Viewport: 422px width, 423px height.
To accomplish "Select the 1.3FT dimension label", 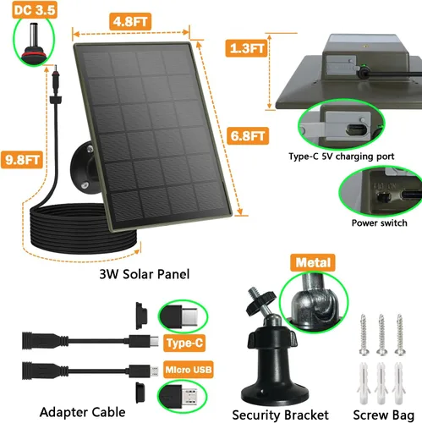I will pos(248,49).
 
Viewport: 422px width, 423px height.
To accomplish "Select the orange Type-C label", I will pos(184,344).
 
